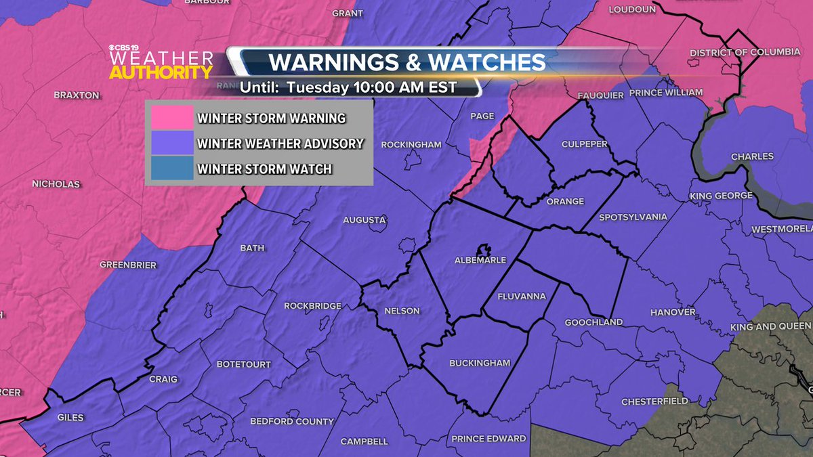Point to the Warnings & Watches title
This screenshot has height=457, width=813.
tap(407, 62)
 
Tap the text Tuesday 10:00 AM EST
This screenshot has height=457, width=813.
tap(371, 87)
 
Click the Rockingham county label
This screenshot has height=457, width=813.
tap(411, 144)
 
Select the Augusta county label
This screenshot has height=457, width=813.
tap(364, 219)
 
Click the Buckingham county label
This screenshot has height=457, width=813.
tap(480, 363)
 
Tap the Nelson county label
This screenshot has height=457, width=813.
tap(402, 311)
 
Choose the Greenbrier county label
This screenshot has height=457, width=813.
tap(128, 264)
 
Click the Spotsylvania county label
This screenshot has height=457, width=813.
tap(633, 217)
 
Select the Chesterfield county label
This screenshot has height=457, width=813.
tap(654, 401)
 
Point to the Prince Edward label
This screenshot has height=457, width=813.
tap(488, 438)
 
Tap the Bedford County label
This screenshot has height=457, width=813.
tap(292, 421)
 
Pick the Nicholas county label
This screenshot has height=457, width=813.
tap(56, 184)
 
